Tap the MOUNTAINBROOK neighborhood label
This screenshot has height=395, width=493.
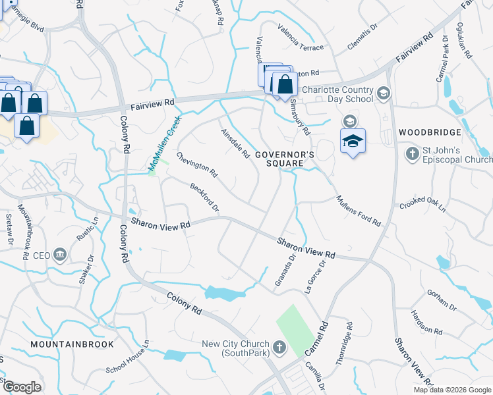[72, 344]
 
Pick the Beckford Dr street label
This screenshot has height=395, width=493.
[204, 196]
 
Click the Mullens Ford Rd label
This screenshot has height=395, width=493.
[358, 211]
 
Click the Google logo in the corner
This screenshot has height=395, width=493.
[21, 387]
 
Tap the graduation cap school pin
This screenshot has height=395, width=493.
[353, 141]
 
